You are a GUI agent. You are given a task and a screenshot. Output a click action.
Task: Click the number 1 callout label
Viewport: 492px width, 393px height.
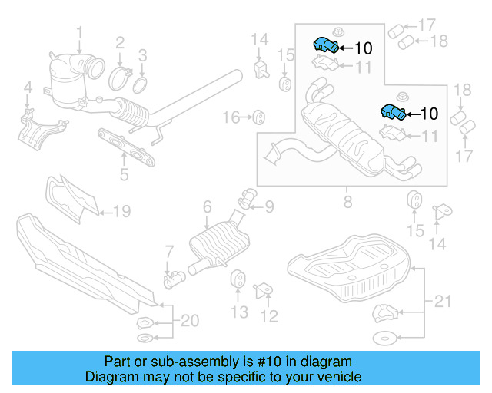coord(79,31)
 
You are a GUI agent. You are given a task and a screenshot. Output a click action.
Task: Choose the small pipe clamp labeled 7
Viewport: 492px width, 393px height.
coord(172,279)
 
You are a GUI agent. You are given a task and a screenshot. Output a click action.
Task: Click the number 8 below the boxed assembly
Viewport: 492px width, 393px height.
coord(347,202)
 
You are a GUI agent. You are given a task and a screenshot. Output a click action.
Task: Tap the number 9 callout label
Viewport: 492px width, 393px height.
coord(269,206)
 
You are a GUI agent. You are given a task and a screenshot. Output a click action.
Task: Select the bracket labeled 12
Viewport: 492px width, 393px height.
coord(263,289)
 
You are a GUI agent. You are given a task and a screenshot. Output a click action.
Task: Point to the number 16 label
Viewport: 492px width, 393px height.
coord(230,117)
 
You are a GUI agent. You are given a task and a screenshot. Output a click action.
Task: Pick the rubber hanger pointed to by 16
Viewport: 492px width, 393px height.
coord(259,117)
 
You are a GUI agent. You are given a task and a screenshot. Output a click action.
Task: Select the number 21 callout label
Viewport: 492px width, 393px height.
coord(440,302)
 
